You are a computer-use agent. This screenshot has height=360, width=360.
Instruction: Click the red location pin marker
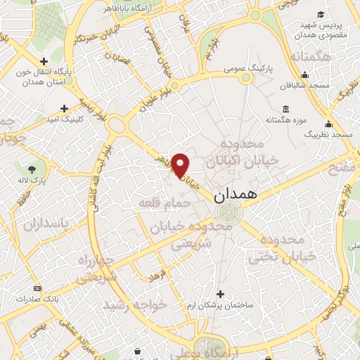181,165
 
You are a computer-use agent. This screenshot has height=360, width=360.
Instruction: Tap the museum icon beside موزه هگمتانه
285,109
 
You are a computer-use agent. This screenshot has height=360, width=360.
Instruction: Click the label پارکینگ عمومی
248,69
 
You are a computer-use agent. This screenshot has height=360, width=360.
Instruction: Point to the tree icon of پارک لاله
33,169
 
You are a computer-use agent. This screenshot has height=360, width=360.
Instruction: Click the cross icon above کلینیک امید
65,108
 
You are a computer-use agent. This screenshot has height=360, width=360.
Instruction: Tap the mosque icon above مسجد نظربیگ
328,124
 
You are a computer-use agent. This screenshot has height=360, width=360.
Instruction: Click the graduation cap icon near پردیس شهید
321,15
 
